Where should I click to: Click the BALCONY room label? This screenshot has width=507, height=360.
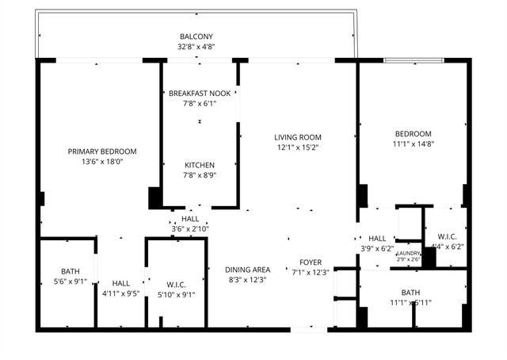point(196,36)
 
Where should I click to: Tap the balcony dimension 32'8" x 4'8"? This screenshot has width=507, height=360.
point(196,47)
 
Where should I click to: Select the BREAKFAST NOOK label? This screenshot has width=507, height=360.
point(200,94)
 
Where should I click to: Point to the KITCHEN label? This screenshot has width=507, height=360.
point(200,165)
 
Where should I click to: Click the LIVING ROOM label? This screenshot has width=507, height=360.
point(299,137)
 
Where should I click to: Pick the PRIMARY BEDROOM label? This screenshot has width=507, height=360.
point(102,151)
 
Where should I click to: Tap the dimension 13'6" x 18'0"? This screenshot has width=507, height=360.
point(102,162)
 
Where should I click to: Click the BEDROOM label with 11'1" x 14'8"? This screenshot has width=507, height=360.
point(414,133)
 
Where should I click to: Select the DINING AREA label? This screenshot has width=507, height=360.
point(248,270)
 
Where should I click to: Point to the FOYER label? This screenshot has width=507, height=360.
point(310,262)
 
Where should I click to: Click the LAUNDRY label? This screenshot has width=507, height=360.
point(409,253)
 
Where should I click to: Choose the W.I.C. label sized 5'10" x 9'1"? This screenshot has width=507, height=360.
point(176,284)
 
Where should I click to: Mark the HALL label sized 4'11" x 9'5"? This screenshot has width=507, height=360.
point(120,283)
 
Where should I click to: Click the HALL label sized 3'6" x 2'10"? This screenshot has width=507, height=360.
point(190,220)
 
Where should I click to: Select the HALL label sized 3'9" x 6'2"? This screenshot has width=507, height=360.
point(377,238)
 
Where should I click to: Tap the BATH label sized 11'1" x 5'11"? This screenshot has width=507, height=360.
point(410,292)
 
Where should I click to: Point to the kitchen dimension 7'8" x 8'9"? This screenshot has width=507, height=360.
point(200,175)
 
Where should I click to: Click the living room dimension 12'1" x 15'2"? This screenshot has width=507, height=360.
point(299,147)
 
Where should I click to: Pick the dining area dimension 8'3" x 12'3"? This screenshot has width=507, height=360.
point(248,280)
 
